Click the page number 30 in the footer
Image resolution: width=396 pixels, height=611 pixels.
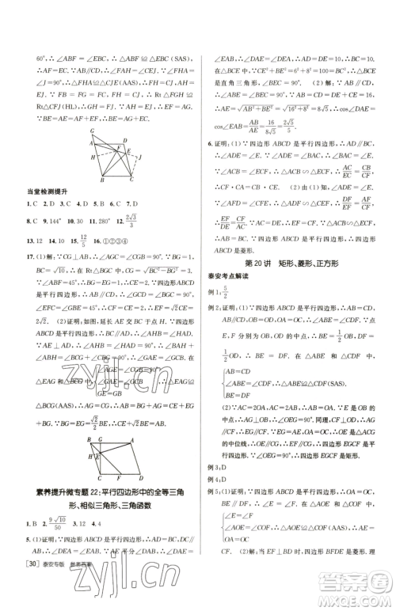[x=36, y=598]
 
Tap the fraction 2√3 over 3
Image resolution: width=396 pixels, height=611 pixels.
[x=143, y=222]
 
